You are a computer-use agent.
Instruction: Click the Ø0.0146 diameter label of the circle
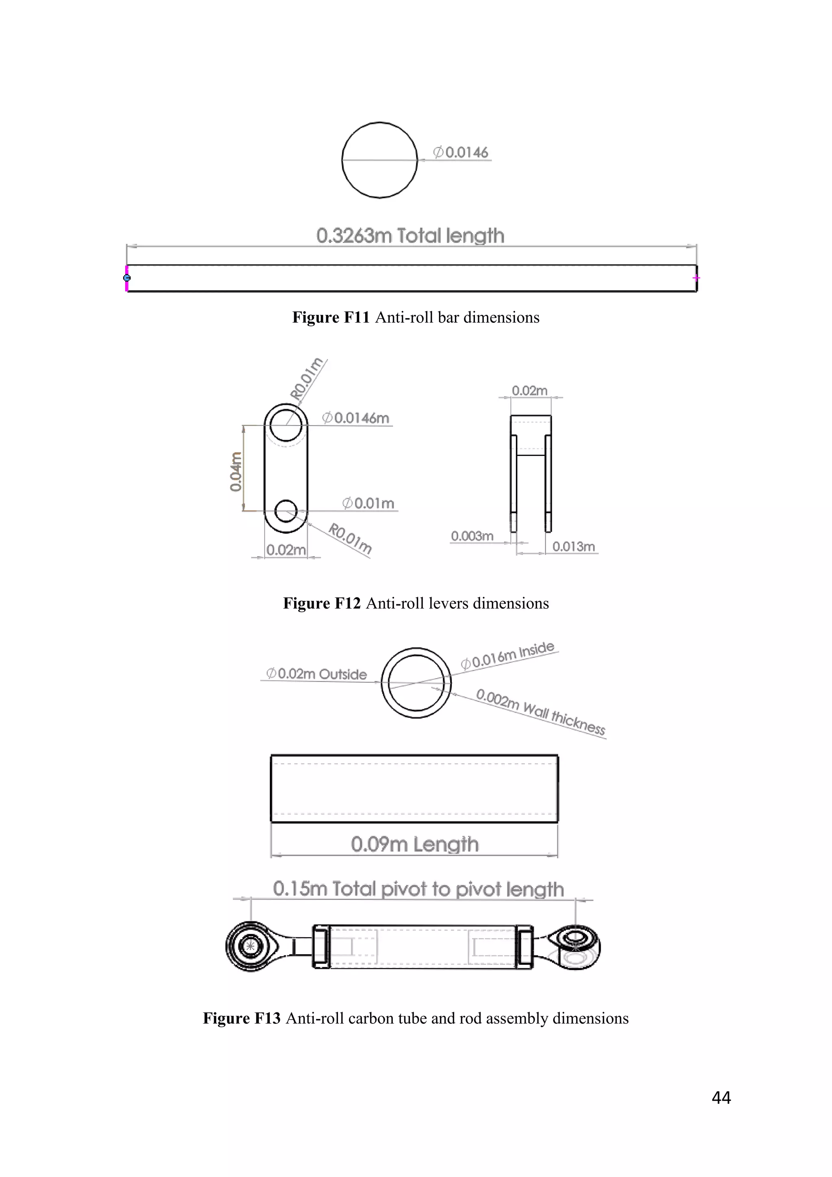(461, 152)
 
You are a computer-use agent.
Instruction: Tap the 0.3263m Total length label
(410, 236)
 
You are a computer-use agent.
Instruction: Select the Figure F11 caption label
(416, 317)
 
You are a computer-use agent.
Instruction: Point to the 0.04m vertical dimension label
(236, 471)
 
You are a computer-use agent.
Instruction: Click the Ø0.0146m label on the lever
(356, 418)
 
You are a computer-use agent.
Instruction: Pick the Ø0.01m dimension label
(369, 504)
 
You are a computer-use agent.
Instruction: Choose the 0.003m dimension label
(472, 536)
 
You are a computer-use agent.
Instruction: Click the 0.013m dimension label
(573, 547)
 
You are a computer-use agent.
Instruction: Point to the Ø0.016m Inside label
(508, 655)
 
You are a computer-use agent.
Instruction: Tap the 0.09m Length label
(414, 844)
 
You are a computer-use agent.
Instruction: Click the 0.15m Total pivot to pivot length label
(418, 889)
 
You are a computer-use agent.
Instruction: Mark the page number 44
(721, 1097)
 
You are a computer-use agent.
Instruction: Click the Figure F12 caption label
(416, 604)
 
